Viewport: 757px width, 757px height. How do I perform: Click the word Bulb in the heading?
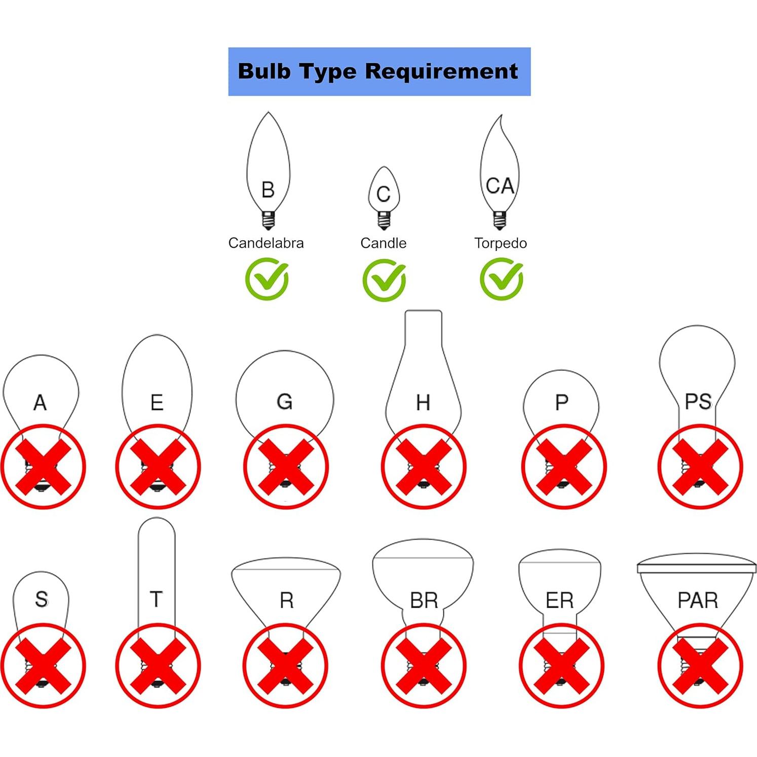pyautogui.click(x=263, y=71)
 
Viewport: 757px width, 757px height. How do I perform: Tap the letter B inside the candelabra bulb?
pyautogui.click(x=268, y=190)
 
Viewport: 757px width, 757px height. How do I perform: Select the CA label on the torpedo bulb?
pyautogui.click(x=500, y=186)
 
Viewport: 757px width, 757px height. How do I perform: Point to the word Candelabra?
pyautogui.click(x=266, y=243)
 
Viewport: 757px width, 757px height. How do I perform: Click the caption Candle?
pyautogui.click(x=383, y=243)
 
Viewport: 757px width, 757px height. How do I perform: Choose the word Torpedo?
pyautogui.click(x=500, y=243)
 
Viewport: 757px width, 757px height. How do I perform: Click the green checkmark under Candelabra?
pyautogui.click(x=267, y=279)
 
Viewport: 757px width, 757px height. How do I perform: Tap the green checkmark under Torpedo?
pyautogui.click(x=502, y=279)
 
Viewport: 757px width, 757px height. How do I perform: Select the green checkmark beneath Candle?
pyautogui.click(x=384, y=280)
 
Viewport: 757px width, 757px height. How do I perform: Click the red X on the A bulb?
pyautogui.click(x=43, y=467)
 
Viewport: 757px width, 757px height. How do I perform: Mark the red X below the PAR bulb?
pyautogui.click(x=700, y=665)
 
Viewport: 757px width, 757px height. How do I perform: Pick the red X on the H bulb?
pyautogui.click(x=424, y=467)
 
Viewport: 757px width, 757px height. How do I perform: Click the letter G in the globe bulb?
pyautogui.click(x=284, y=401)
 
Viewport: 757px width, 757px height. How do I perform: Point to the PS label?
pyautogui.click(x=698, y=401)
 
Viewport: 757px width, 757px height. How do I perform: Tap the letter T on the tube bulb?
pyautogui.click(x=156, y=599)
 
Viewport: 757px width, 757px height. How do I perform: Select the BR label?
pyautogui.click(x=424, y=600)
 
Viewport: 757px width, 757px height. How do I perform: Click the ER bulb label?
pyautogui.click(x=559, y=600)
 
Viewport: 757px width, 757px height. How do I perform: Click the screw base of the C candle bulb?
pyautogui.click(x=384, y=221)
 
